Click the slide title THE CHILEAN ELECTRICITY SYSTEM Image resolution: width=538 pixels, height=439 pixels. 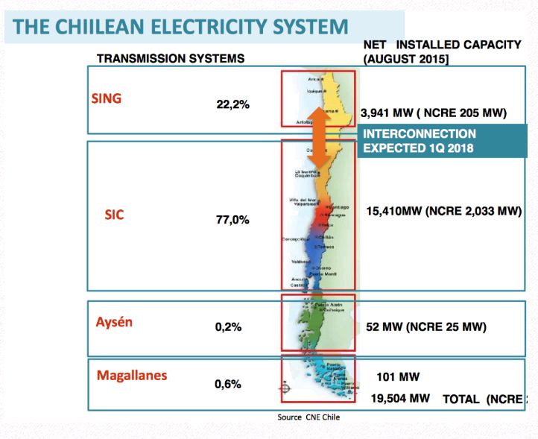[x=181, y=28]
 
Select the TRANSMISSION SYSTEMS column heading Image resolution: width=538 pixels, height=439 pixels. [x=171, y=58]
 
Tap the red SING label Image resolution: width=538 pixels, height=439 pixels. [x=106, y=98]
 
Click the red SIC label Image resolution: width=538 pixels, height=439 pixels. [x=114, y=215]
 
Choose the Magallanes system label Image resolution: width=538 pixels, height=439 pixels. [x=132, y=375]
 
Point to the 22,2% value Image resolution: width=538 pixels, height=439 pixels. [x=232, y=104]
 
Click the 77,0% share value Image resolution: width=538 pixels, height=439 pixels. [x=232, y=220]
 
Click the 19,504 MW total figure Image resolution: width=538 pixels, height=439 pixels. [x=402, y=399]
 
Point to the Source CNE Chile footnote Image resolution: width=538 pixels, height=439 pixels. [x=308, y=417]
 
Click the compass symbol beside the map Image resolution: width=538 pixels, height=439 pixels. [x=284, y=388]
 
